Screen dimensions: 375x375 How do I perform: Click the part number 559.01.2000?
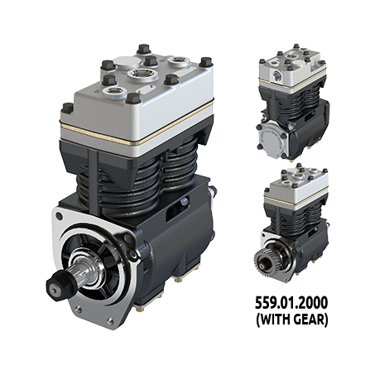click(x=291, y=303)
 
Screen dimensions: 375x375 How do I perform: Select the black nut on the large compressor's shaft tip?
click(x=59, y=286)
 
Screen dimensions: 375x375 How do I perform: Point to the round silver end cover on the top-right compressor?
click(x=272, y=139)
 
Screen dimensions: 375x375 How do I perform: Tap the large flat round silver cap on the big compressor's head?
click(x=126, y=62)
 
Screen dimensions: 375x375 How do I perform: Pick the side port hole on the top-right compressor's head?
click(x=276, y=75)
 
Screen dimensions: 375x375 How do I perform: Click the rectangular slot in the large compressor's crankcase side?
click(x=177, y=209)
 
